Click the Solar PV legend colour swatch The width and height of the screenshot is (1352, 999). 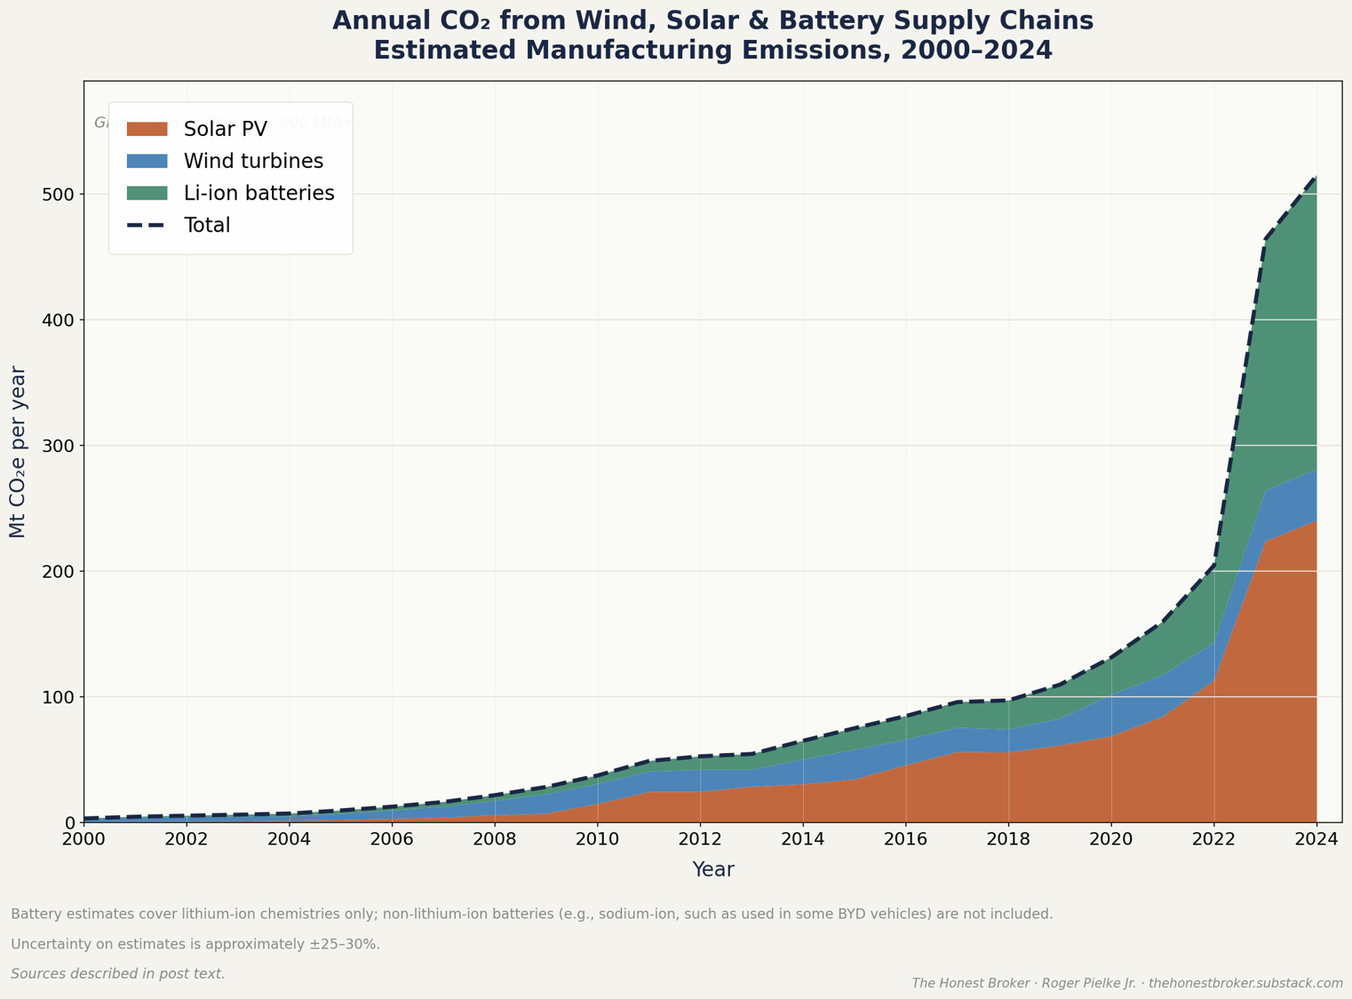[147, 130]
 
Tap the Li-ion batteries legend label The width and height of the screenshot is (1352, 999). [258, 194]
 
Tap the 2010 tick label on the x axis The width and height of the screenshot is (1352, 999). [597, 839]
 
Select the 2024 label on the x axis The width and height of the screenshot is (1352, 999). [1316, 839]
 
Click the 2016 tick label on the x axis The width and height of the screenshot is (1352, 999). [905, 839]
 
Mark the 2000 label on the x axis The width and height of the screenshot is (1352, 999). [84, 839]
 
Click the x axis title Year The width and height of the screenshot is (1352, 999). [713, 870]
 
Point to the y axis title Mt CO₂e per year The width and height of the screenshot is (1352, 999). [18, 451]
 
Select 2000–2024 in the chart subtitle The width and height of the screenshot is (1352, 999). [976, 51]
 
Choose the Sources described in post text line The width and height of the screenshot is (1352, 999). [118, 974]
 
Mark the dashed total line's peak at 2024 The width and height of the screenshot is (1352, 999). [1316, 177]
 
